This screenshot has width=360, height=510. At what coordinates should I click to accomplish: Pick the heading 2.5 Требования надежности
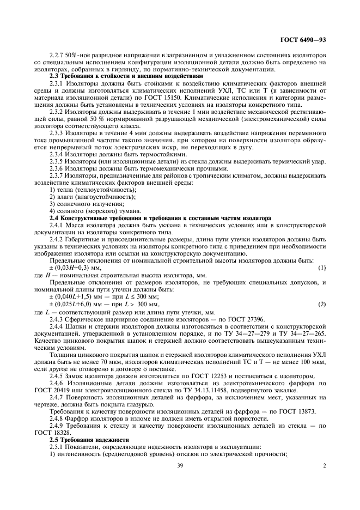point(89,439)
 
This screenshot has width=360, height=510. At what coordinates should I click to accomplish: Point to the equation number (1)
point(321,268)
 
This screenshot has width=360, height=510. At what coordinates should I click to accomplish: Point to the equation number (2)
point(321,303)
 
